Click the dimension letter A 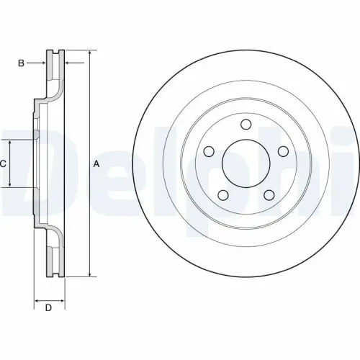tap(96, 164)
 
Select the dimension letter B tap(22, 63)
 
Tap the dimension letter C tap(3, 164)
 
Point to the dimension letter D tap(48, 309)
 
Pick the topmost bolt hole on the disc tap(245, 125)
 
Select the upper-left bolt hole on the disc tap(209, 151)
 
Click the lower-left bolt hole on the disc tap(222, 194)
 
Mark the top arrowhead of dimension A tap(89, 54)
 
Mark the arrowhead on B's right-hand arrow tap(67, 63)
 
